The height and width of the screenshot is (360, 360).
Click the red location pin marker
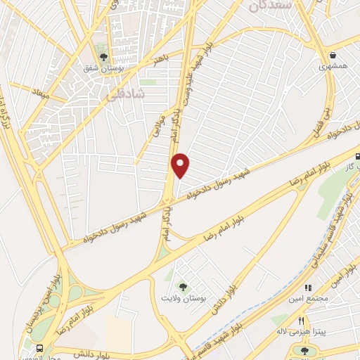pyautogui.click(x=181, y=165)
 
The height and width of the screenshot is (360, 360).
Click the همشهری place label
pyautogui.click(x=333, y=65)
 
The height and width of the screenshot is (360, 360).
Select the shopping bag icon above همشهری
pyautogui.click(x=333, y=53)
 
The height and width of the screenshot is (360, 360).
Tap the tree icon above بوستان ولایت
pyautogui.click(x=184, y=287)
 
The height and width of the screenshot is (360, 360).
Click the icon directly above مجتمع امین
pyautogui.click(x=307, y=287)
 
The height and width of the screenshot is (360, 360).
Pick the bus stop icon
pyautogui.click(x=39, y=347)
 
